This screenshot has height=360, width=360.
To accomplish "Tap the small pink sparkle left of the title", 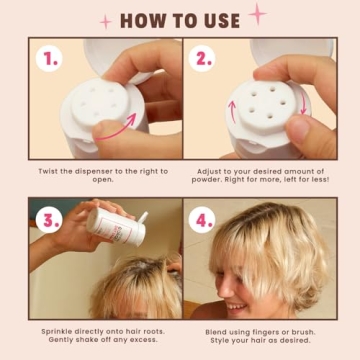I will [105, 21].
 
